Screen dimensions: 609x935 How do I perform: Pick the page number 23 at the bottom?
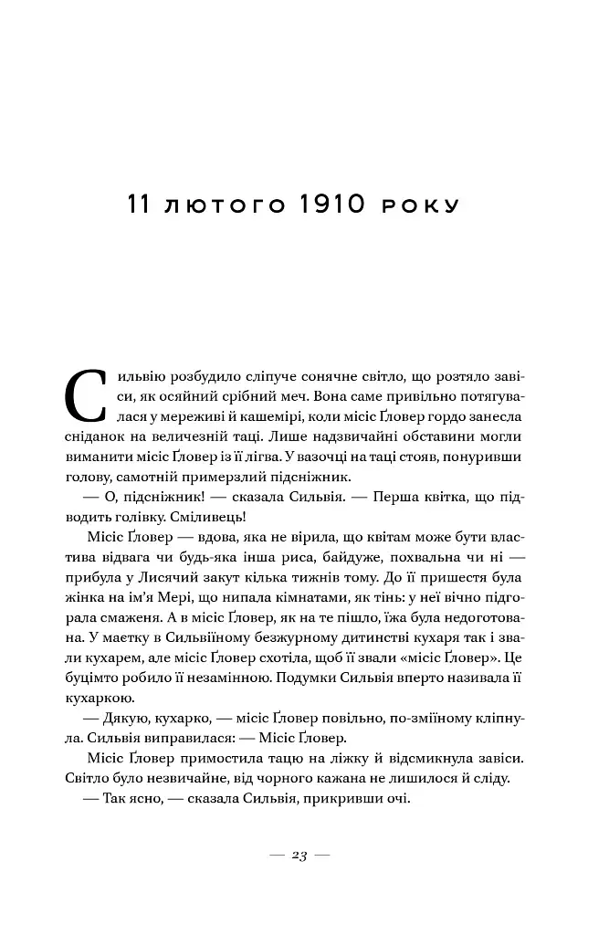(299, 856)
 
